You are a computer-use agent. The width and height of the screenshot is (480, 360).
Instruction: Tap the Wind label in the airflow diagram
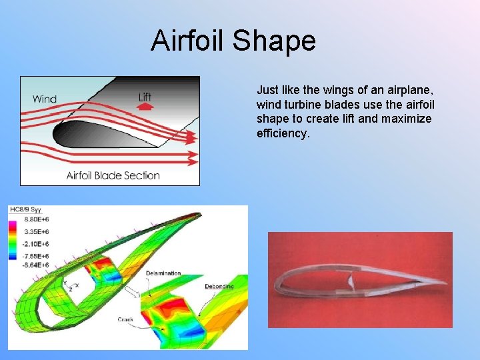(45, 99)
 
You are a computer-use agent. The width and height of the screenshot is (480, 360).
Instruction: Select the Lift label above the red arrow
(145, 97)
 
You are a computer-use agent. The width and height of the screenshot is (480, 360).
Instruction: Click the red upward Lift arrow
(145, 106)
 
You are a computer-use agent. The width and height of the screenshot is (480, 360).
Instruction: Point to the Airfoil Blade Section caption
(113, 175)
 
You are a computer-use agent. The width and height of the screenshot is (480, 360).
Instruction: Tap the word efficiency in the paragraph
(283, 134)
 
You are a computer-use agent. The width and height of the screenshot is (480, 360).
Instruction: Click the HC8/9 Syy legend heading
(25, 210)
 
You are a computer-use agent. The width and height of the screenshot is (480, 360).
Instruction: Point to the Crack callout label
(125, 319)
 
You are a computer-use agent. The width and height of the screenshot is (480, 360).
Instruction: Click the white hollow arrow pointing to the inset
(133, 292)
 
